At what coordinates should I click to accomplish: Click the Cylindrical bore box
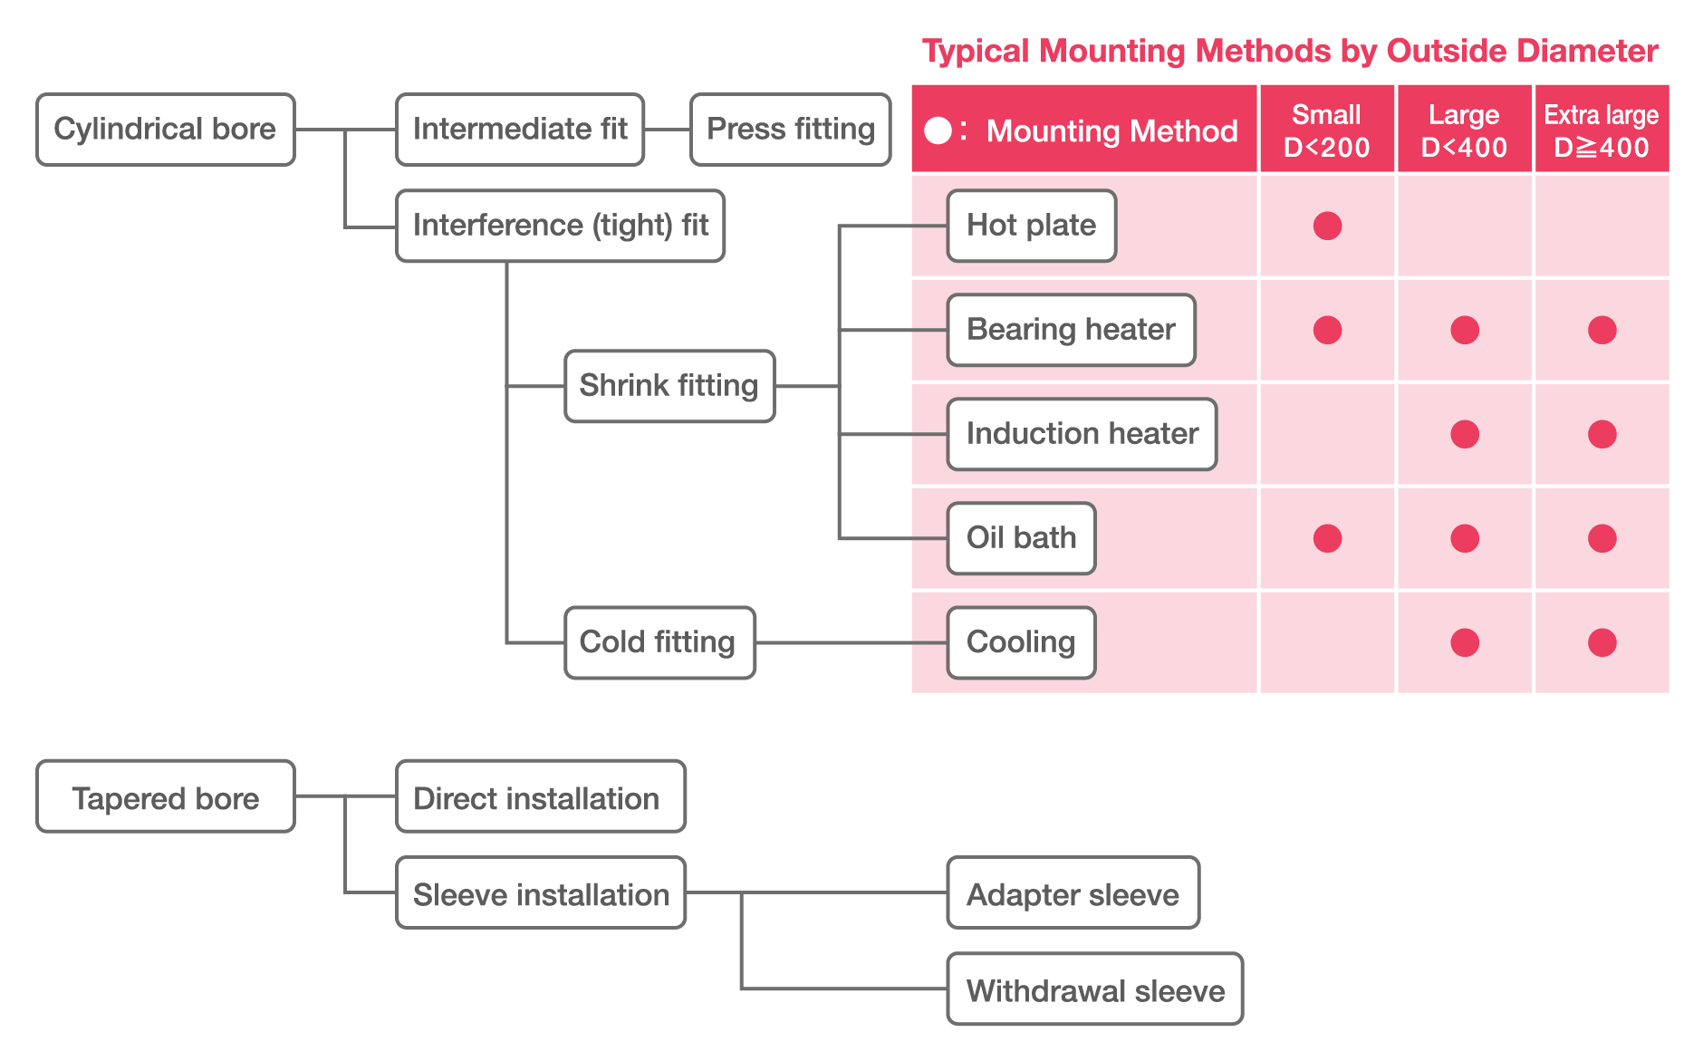point(165,130)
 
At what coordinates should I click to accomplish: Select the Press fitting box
point(790,130)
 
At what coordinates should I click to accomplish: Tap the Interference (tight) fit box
point(560,226)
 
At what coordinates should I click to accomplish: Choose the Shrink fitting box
point(669,386)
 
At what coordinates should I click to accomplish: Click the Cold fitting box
point(659,642)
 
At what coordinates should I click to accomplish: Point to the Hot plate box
point(1031,226)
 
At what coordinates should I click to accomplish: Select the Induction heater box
point(1082,434)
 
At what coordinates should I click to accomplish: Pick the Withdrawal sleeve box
point(1094,989)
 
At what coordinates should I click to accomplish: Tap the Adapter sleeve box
point(1073,893)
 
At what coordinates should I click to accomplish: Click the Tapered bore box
point(165,797)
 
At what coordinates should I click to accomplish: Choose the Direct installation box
point(540,797)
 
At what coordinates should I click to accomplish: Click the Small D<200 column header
point(1326,130)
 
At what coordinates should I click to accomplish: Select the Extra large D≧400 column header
point(1602,130)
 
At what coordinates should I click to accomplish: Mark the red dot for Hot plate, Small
point(1327,226)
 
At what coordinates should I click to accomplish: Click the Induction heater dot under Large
point(1465,434)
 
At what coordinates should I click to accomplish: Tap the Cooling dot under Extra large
point(1602,642)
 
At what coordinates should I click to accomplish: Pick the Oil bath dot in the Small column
point(1327,538)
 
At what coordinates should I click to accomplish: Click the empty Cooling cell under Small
point(1327,642)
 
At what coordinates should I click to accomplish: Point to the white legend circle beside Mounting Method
point(938,130)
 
